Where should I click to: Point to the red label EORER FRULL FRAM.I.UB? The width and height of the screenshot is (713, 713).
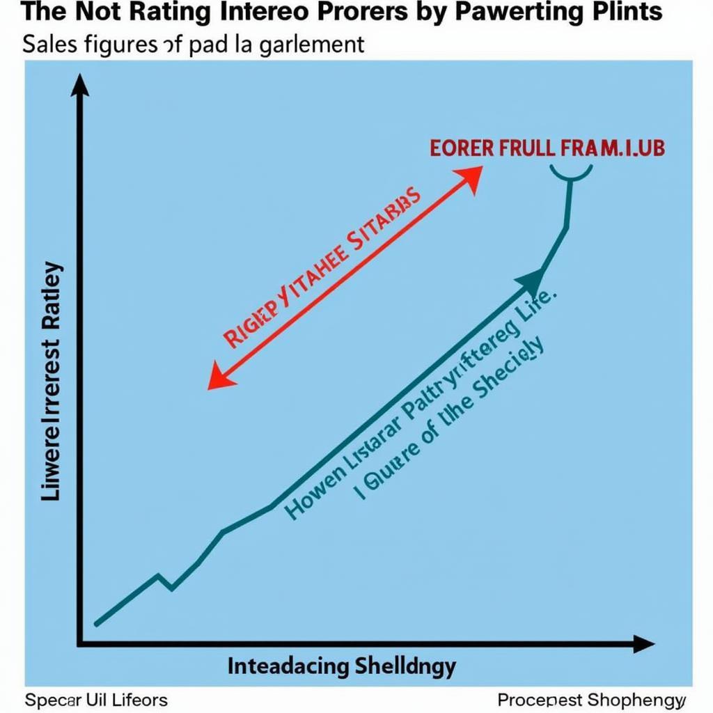coord(547,148)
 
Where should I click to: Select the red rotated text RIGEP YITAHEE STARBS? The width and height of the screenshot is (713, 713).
coord(322,267)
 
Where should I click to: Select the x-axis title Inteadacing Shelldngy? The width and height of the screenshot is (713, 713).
coord(341,666)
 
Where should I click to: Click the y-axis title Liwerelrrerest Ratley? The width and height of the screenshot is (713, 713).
coord(52,382)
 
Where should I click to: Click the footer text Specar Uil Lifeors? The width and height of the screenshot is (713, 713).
coord(96,699)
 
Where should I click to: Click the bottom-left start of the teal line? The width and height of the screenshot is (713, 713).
coord(97,623)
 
